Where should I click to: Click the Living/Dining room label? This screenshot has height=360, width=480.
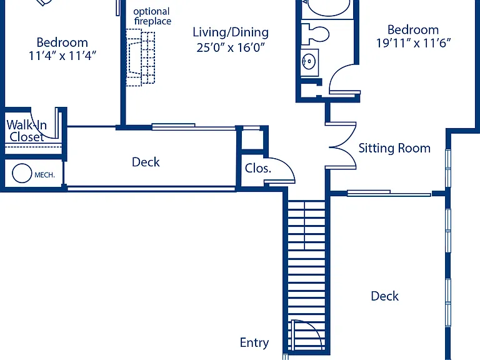231,32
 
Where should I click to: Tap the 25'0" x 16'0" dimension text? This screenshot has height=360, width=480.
231,47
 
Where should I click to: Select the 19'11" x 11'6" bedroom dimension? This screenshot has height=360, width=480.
413,43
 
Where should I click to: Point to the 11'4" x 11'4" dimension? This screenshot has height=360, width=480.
62,56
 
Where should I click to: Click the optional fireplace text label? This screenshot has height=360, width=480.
152,16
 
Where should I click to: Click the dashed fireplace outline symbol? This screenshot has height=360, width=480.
141,57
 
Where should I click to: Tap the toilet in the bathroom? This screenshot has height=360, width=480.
315,34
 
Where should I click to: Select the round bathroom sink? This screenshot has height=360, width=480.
309,61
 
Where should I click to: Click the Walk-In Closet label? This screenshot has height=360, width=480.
27,131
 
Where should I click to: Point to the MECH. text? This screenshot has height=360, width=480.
45,175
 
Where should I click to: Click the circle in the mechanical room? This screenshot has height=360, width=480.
22,173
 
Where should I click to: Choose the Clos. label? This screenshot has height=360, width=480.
257,168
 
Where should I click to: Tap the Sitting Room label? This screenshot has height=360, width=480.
394,148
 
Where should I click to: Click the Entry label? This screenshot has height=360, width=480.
254,342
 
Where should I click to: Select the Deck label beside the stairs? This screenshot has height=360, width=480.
385,296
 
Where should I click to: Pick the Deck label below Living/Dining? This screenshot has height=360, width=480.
146,162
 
